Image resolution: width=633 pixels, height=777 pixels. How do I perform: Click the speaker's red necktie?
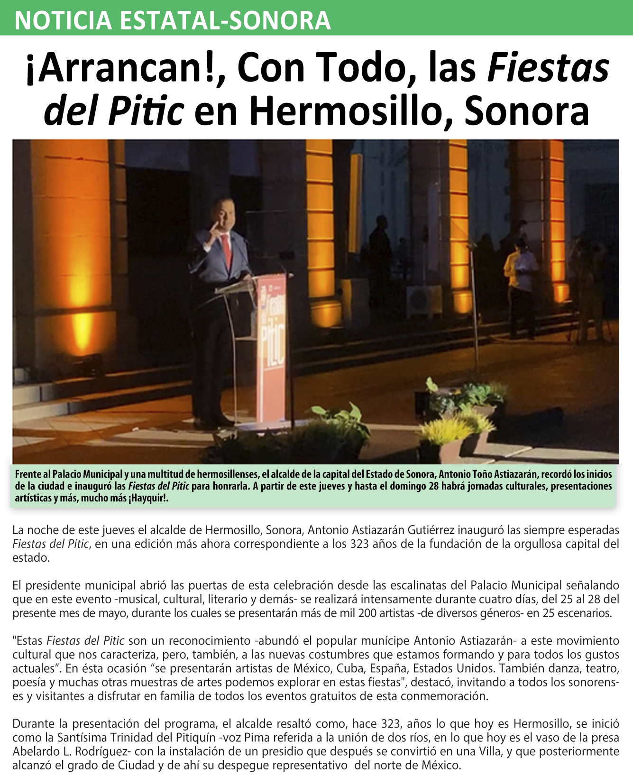click(x=227, y=251)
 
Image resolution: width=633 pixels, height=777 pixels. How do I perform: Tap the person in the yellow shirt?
click(x=520, y=275)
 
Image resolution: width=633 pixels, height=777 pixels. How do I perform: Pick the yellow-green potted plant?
click(x=443, y=429)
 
